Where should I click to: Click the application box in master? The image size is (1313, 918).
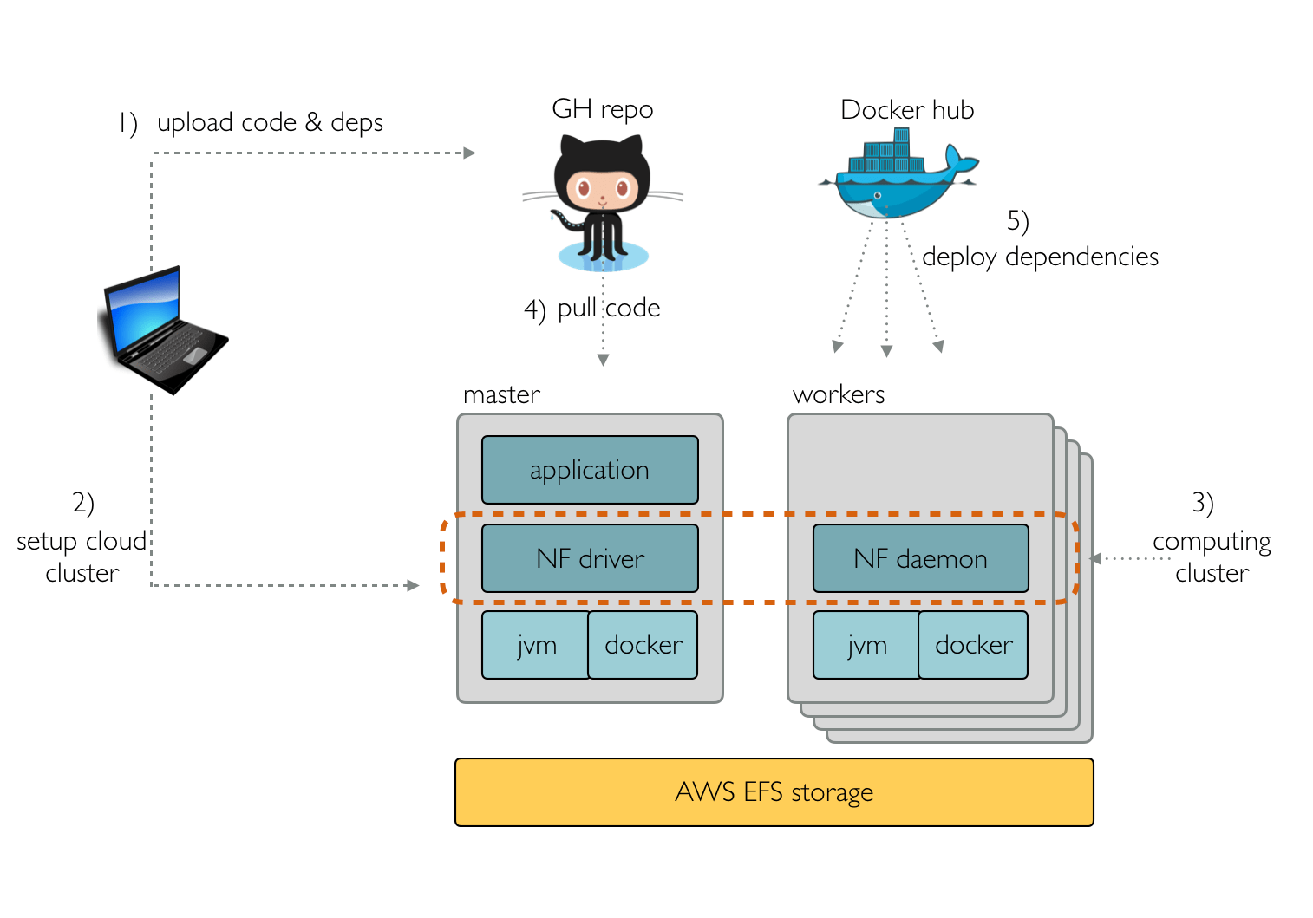pos(590,470)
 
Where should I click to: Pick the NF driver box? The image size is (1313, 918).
pos(590,558)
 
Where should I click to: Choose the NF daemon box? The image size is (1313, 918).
pos(920,558)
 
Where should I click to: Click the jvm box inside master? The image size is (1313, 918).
pos(536,645)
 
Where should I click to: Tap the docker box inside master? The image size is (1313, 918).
pos(643,645)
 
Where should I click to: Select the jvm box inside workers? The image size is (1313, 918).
pos(866,645)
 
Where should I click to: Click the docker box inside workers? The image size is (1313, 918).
pos(973,645)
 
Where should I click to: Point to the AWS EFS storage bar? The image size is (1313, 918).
pos(774,792)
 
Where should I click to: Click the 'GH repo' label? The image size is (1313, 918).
pos(602,110)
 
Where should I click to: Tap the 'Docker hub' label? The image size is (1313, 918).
pos(907,110)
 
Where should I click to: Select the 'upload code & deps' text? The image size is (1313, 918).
pos(270,123)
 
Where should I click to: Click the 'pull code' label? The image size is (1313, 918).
pos(608,309)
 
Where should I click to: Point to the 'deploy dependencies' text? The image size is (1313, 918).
pos(1040,257)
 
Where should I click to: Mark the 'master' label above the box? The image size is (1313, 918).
pos(501,395)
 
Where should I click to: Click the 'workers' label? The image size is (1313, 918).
pos(838,395)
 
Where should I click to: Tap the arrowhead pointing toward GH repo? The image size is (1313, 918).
pos(469,153)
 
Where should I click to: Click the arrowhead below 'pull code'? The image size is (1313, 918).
pos(603,360)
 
